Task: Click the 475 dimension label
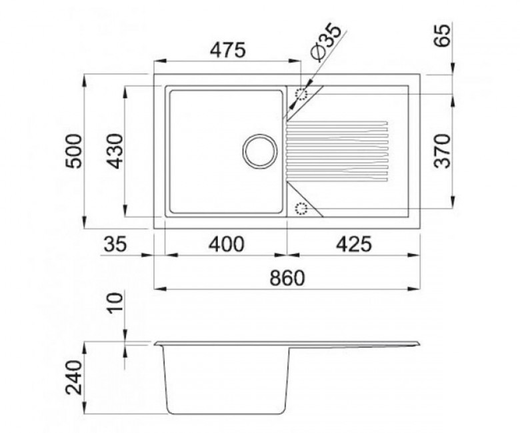point(229,50)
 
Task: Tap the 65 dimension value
point(443,35)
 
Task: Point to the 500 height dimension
point(73,151)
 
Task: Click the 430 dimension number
point(116,151)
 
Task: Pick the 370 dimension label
point(443,151)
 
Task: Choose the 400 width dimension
point(227,244)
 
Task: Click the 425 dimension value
point(354,244)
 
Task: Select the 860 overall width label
point(287,278)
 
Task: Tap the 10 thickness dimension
point(116,304)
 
